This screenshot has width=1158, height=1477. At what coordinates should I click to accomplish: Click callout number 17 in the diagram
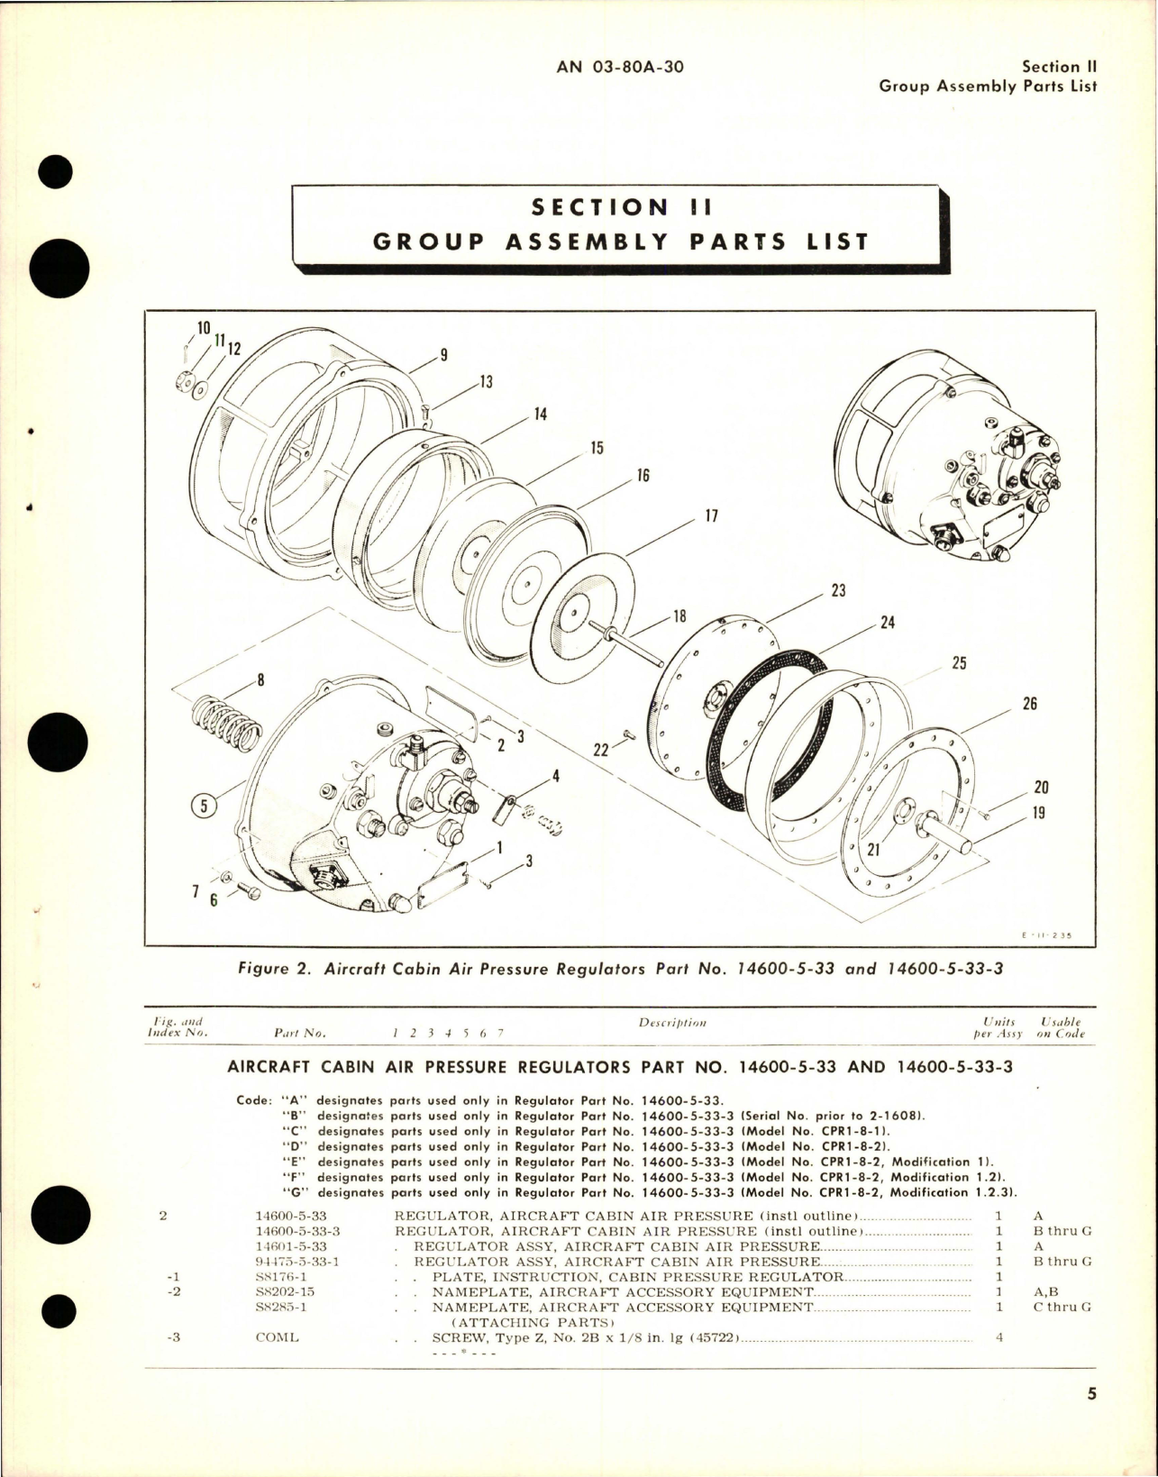[x=711, y=517]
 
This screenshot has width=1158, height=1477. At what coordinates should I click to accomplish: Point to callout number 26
[x=1029, y=703]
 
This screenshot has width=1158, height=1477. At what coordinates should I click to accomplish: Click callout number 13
[x=486, y=382]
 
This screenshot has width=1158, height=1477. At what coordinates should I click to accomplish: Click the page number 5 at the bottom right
[x=1091, y=1420]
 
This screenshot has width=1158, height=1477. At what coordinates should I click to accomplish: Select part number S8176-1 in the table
[x=282, y=1277]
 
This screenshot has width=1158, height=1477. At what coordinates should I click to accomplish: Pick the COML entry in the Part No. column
[x=277, y=1337]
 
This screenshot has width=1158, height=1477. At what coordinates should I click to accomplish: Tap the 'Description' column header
[x=672, y=1023]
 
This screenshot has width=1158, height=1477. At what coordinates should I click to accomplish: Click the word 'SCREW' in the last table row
[x=459, y=1337]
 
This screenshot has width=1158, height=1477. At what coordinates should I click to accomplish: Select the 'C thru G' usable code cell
[x=1062, y=1307]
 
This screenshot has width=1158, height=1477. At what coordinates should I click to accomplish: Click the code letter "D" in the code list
[x=293, y=1147]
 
